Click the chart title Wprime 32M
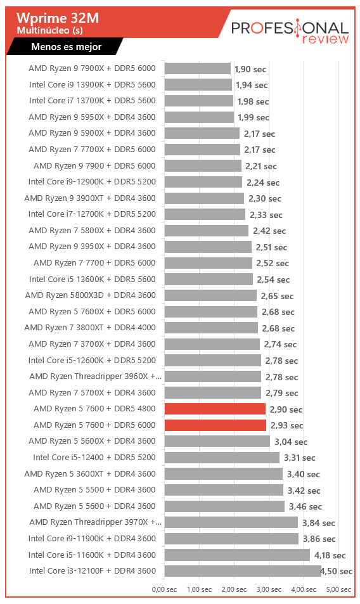(58, 18)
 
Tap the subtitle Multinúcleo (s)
(49, 30)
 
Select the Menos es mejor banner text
(66, 47)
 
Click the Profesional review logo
(290, 31)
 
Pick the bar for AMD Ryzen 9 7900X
(198, 68)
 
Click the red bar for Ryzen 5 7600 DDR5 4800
(215, 409)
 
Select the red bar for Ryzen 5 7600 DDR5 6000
(215, 425)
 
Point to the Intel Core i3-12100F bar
(243, 571)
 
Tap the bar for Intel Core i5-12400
(222, 458)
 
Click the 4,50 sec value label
(336, 571)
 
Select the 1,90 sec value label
(250, 69)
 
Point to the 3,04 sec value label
(291, 442)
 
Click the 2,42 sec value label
(269, 231)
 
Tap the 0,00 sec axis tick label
(164, 589)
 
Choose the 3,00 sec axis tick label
(269, 589)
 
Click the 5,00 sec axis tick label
(338, 589)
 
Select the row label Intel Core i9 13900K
(93, 85)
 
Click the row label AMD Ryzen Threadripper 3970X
(96, 522)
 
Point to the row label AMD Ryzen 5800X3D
(91, 295)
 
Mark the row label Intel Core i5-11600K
(92, 555)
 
